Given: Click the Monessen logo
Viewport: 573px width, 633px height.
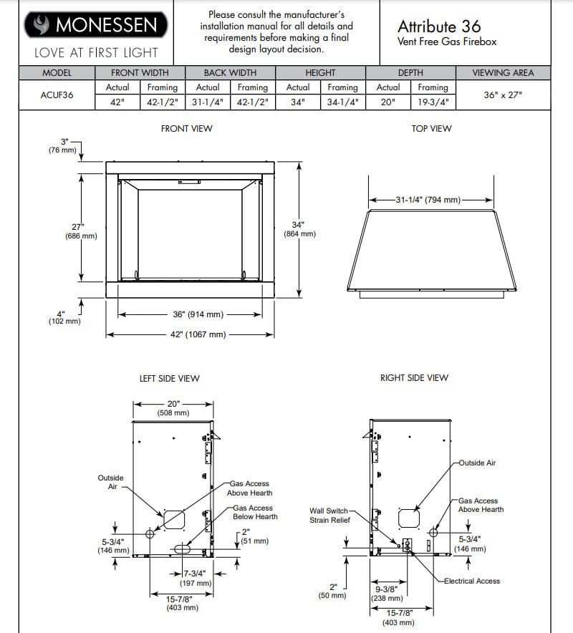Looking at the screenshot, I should coord(96,26).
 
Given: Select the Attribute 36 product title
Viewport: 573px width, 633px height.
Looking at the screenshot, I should coord(439,26).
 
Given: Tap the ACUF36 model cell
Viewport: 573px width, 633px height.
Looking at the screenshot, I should coord(57,95).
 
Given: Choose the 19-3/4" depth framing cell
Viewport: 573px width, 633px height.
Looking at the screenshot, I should coord(433,102).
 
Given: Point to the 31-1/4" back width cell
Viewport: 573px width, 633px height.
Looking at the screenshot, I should coord(208,102).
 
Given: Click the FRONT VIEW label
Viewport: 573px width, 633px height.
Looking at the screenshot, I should coord(186,129).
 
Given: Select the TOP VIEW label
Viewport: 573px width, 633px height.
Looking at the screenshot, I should coord(431,129).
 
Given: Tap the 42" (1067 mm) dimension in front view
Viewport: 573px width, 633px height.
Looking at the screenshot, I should coord(198,334).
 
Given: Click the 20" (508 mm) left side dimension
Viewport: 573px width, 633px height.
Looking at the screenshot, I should coord(173,408).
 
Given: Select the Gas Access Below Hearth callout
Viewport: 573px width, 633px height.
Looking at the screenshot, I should coord(255,512).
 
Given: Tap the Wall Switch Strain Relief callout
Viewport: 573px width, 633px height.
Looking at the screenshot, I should coord(329,516).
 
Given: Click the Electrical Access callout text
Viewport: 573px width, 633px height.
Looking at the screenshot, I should coord(471,581).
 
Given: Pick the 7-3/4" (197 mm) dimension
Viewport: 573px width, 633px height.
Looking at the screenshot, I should coord(196,579).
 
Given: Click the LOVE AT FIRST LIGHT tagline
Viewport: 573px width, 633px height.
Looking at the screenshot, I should coord(96,53).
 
